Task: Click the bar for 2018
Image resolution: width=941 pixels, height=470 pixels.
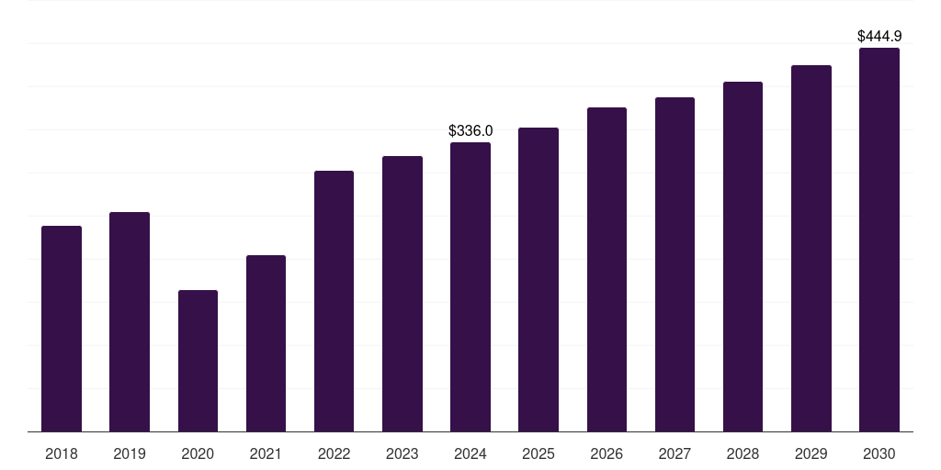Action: click(x=62, y=329)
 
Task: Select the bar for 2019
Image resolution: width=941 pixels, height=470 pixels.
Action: click(x=130, y=322)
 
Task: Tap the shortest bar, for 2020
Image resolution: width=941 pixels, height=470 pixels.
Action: click(x=198, y=361)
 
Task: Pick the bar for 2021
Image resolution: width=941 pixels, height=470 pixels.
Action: click(x=266, y=343)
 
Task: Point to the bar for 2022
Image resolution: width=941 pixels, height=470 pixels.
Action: click(x=334, y=301)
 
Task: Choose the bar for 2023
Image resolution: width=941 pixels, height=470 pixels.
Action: click(x=402, y=294)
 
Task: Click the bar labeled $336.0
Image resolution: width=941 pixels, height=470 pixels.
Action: click(x=470, y=287)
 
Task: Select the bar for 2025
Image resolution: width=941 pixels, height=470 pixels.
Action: click(x=539, y=279)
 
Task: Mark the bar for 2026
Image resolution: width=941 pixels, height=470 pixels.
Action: click(x=607, y=270)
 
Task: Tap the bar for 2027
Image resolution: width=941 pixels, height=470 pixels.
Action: click(x=675, y=264)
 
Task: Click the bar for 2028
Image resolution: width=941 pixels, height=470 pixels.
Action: click(x=743, y=257)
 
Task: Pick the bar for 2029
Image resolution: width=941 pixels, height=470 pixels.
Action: click(x=811, y=248)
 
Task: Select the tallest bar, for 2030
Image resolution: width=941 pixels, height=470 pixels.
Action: click(x=879, y=240)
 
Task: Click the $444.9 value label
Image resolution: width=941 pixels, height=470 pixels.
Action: click(x=879, y=37)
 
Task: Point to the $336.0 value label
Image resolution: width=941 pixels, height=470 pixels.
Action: click(x=470, y=130)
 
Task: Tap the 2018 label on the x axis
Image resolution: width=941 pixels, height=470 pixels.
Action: click(x=62, y=454)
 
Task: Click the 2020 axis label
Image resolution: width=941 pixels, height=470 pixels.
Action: click(x=198, y=454)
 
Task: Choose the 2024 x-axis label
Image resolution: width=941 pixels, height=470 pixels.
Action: click(x=470, y=454)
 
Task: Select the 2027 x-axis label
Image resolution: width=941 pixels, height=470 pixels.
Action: click(x=675, y=454)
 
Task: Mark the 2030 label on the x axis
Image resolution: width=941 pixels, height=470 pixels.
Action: click(x=879, y=454)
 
